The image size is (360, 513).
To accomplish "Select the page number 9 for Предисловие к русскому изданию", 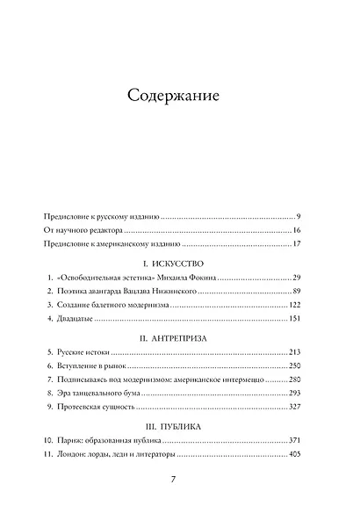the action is tap(299, 215).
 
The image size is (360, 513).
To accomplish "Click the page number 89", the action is tap(297, 291).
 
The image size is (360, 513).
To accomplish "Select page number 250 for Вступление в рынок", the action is tap(294, 365).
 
